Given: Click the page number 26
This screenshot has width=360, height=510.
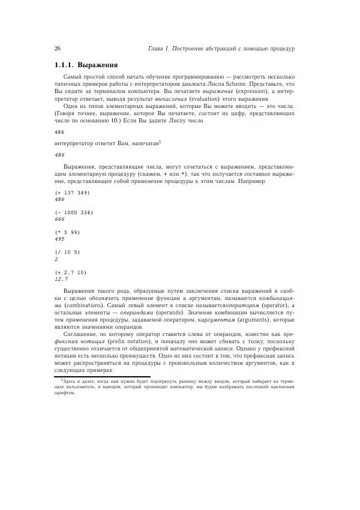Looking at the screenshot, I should (58, 48).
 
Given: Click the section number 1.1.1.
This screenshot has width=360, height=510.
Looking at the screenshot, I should (67, 65).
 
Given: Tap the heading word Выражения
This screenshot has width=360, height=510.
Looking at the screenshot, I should (98, 65).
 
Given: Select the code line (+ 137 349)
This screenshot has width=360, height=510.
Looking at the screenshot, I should (71, 193).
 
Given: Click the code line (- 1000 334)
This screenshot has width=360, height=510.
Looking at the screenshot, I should (74, 212).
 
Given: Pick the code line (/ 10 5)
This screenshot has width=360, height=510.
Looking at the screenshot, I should (67, 252).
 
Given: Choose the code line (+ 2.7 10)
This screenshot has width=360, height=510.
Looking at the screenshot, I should (70, 272).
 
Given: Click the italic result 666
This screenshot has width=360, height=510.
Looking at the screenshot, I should (59, 220).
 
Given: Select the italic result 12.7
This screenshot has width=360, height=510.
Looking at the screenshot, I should (61, 279).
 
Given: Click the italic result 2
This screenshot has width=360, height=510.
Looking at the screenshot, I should (56, 259).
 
